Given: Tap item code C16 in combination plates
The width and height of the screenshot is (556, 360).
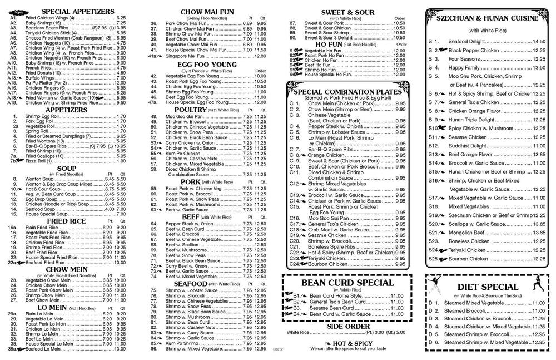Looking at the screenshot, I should [295, 218].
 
